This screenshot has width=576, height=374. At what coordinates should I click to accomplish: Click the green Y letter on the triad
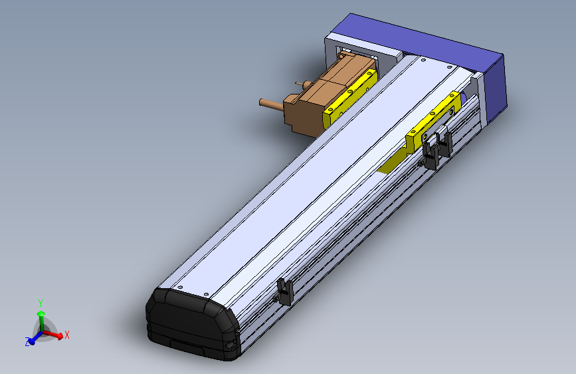pyautogui.click(x=41, y=302)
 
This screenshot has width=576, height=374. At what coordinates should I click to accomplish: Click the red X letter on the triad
pyautogui.click(x=67, y=335)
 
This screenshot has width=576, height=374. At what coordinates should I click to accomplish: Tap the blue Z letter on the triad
pyautogui.click(x=28, y=342)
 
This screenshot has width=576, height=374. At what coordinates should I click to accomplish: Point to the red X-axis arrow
pyautogui.click(x=56, y=335)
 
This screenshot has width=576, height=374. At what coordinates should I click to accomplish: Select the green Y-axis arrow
pyautogui.click(x=41, y=317)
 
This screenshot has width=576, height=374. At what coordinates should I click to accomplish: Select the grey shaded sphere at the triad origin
pyautogui.click(x=45, y=331)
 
